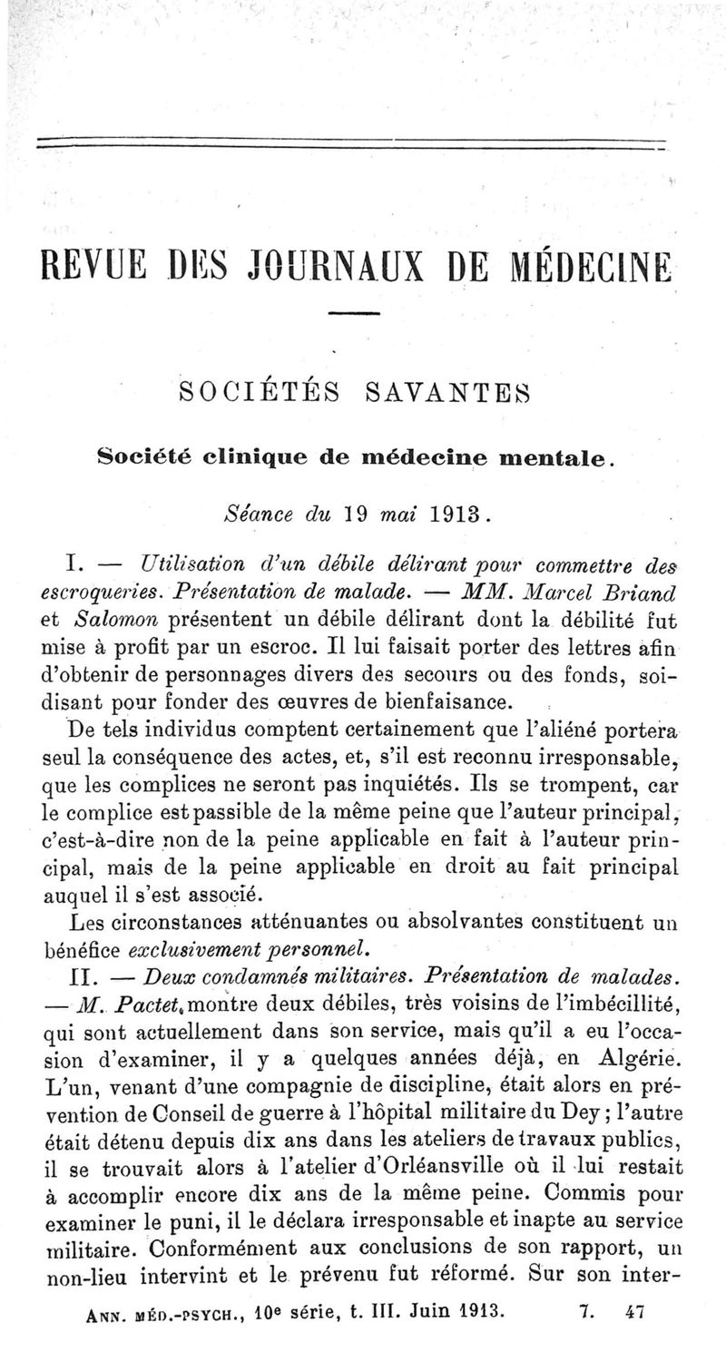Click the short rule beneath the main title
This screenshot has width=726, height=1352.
click(352, 315)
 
